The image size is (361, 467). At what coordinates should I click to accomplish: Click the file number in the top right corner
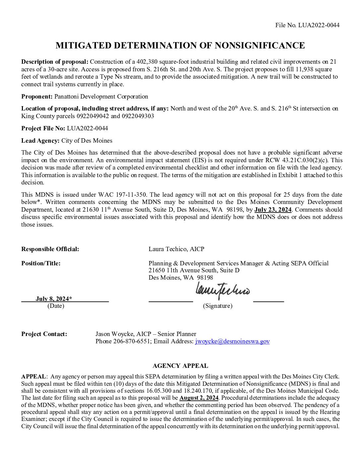tap(307, 25)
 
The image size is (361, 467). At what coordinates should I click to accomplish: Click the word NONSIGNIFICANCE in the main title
tap(259, 45)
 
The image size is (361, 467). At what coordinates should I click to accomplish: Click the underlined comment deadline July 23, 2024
tap(273, 210)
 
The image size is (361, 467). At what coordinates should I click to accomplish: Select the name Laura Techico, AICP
tap(176, 249)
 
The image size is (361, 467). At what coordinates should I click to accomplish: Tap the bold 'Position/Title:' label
tap(41, 263)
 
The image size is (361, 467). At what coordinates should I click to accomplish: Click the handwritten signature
tap(223, 291)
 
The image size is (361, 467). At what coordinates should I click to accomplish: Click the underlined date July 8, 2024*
tap(54, 299)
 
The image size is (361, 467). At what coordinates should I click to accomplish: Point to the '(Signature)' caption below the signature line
tap(218, 306)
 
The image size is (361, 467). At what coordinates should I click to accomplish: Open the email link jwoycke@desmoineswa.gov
tap(232, 341)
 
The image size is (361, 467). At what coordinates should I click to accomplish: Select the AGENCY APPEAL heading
tap(180, 366)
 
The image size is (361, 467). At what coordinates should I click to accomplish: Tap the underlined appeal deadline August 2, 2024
tap(199, 398)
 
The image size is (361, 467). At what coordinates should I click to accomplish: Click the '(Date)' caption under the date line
tap(56, 306)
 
